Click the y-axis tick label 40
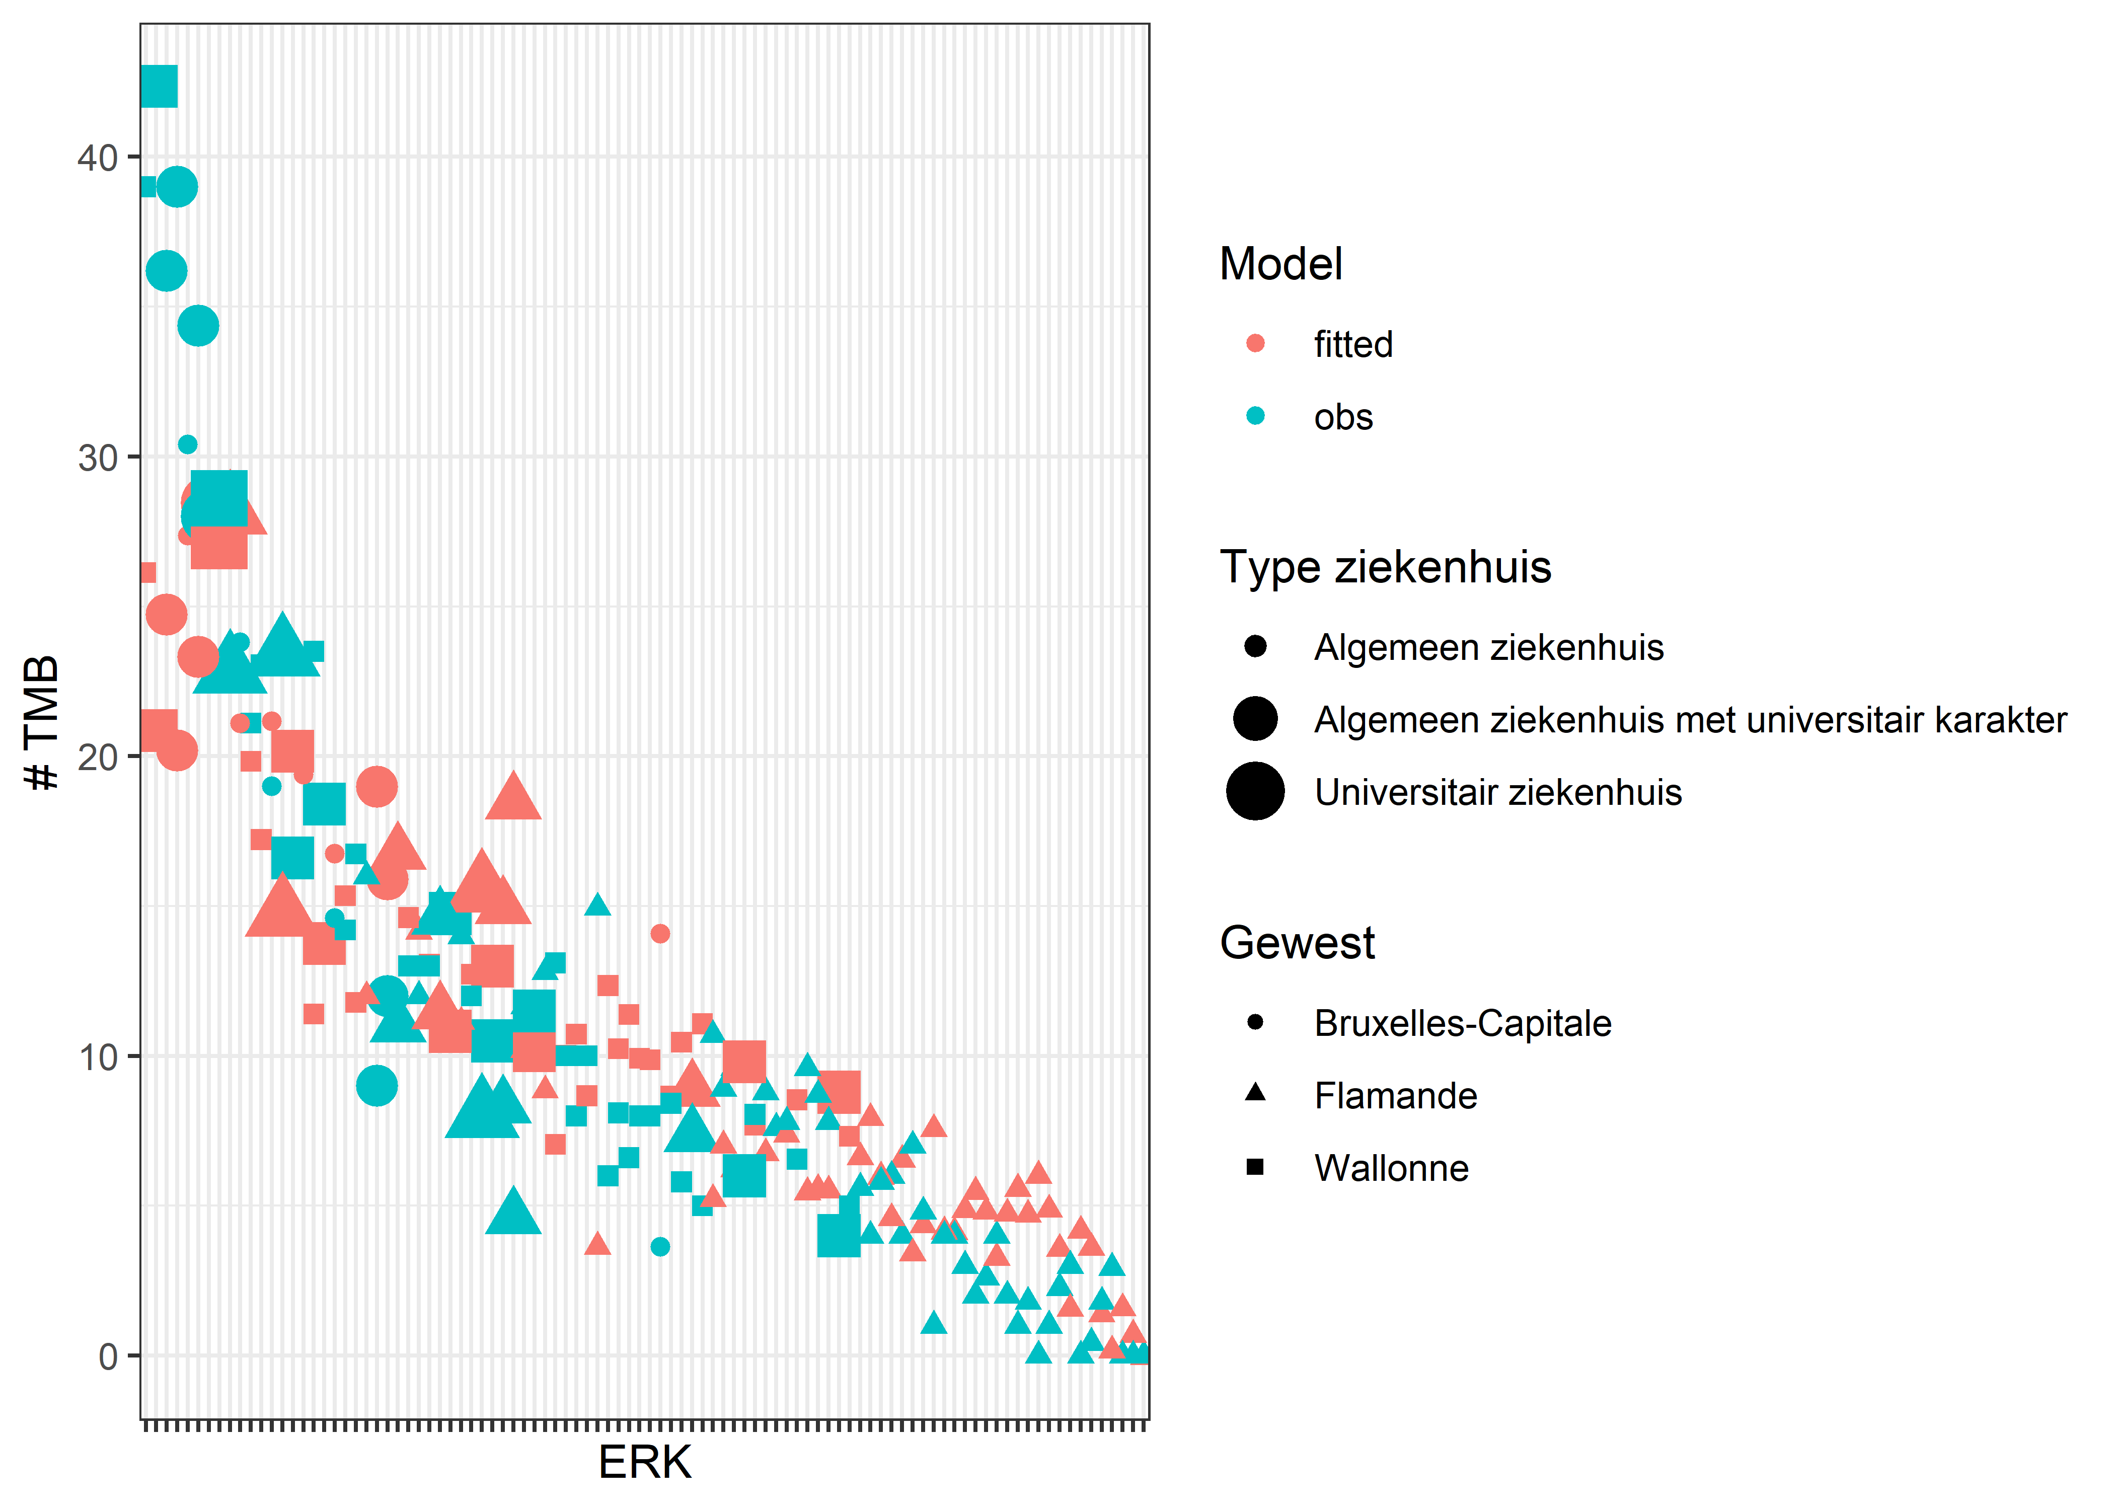coord(97,158)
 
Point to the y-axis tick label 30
coord(97,459)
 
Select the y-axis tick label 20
coord(97,758)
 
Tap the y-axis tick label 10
coord(97,1057)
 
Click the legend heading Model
coord(1280,264)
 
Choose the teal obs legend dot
coord(1255,417)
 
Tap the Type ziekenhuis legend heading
coord(1385,567)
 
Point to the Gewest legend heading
coord(1297,943)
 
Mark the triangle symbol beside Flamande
coord(1255,1093)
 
